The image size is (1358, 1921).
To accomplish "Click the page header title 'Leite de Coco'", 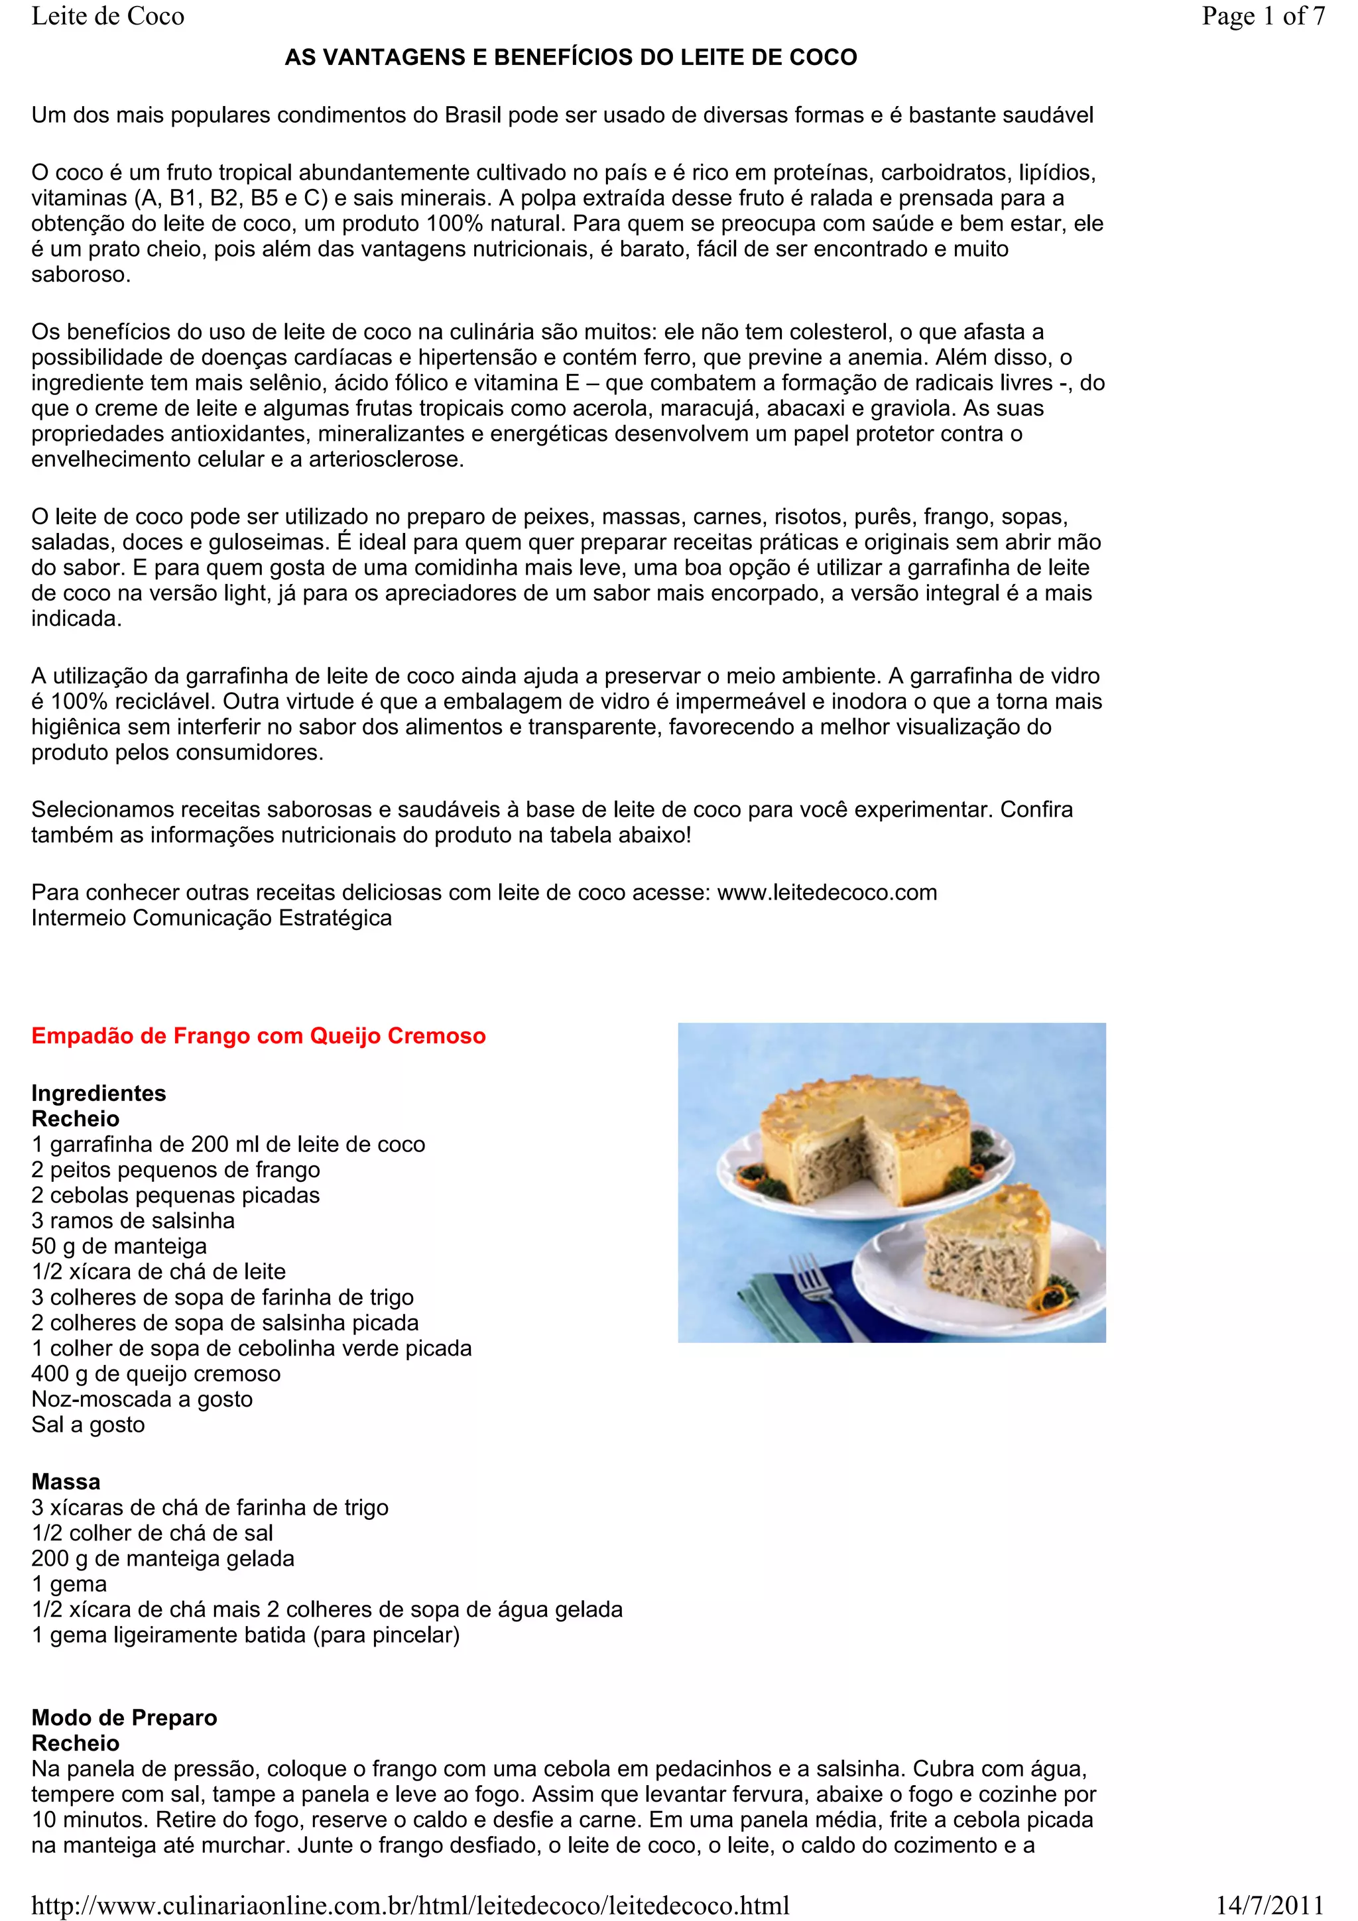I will pos(108,16).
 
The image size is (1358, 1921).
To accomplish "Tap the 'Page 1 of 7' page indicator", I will pos(1263,16).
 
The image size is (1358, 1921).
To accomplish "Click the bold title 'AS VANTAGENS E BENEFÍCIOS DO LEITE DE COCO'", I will pos(571,58).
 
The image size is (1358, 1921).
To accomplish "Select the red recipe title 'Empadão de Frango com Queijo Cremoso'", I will pos(259,1036).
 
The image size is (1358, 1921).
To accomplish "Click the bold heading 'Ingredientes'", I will pos(99,1094).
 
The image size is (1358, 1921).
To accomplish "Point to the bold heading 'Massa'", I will pos(66,1482).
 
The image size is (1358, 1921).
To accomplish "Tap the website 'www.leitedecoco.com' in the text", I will pos(827,893).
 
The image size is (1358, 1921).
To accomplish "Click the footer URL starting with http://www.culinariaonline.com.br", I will pos(410,1905).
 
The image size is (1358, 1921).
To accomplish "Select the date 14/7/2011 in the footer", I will pos(1269,1905).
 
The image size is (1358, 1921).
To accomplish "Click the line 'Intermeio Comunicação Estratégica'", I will pos(212,918).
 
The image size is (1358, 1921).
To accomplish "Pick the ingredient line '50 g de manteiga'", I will pos(119,1246).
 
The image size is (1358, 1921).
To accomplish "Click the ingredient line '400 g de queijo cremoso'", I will pos(156,1373).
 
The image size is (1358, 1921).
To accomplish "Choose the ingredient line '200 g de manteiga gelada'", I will pos(163,1558).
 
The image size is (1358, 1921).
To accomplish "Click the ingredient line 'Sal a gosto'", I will pos(88,1424).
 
